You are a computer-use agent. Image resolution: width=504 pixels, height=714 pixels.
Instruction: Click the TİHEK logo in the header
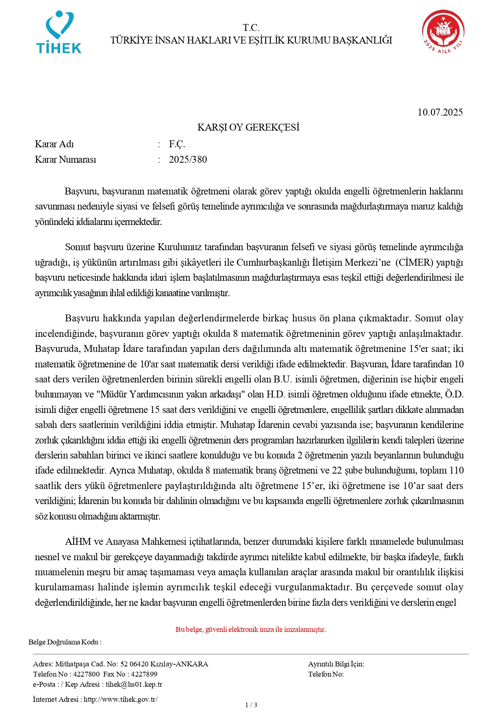[59, 33]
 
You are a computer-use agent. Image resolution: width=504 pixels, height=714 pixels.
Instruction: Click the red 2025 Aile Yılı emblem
[443, 32]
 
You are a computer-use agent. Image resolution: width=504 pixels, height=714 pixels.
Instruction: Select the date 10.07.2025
[440, 112]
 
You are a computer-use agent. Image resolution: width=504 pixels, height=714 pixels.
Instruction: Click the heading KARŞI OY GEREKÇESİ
[248, 127]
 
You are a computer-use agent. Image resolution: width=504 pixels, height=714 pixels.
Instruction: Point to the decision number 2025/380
[188, 159]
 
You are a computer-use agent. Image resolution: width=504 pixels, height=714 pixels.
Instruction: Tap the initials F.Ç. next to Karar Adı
[177, 144]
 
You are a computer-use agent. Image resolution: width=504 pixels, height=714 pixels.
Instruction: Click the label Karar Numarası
[65, 159]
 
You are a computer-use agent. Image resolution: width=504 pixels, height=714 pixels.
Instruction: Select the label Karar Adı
[54, 144]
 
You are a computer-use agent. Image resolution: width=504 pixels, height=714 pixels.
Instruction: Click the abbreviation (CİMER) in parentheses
[414, 262]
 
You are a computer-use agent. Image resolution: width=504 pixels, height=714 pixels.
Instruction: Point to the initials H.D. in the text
[276, 394]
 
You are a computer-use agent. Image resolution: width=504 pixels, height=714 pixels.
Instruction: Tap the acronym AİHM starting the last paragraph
[78, 542]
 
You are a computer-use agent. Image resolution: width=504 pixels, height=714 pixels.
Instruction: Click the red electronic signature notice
[251, 629]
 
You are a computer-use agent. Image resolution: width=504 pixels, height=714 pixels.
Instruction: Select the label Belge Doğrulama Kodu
[65, 642]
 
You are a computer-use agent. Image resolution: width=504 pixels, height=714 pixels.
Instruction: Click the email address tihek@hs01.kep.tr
[134, 684]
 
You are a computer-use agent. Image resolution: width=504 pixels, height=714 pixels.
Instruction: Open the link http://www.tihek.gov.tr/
[121, 699]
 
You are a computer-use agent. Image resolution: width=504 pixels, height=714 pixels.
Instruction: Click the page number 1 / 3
[251, 705]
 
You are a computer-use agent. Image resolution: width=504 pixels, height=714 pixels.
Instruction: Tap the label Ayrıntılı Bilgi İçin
[336, 664]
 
